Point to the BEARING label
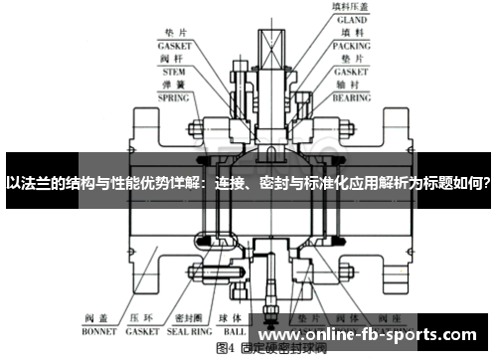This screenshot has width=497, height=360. click(x=351, y=99)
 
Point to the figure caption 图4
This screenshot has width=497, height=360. click(x=226, y=350)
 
